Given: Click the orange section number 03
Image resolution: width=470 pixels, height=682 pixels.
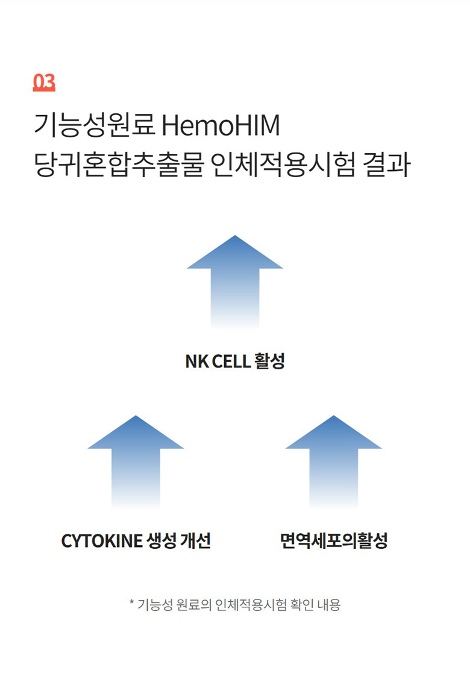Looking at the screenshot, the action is tap(44, 82).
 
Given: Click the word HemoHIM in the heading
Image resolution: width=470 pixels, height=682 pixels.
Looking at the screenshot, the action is tap(221, 125).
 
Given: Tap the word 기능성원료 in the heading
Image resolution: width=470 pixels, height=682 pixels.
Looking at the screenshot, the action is tap(95, 125).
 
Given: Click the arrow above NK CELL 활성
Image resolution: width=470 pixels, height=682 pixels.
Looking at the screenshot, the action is tap(235, 282).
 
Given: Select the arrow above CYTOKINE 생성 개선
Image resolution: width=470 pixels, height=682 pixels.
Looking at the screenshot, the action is tap(136, 462).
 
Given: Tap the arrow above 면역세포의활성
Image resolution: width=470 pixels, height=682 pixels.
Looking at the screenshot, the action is tap(334, 462).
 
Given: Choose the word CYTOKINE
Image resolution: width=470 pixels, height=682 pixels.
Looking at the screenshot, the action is tap(102, 541).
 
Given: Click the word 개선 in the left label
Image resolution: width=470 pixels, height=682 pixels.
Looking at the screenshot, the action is tap(196, 540).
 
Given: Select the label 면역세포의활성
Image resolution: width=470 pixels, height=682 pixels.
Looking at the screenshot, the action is tap(334, 540).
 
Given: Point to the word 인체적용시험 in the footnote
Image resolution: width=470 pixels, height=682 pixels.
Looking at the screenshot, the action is tap(251, 604).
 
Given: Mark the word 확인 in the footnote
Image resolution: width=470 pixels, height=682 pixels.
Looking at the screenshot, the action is tap(302, 604).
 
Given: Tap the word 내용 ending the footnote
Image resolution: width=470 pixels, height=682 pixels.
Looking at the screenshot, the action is tap(329, 604).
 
